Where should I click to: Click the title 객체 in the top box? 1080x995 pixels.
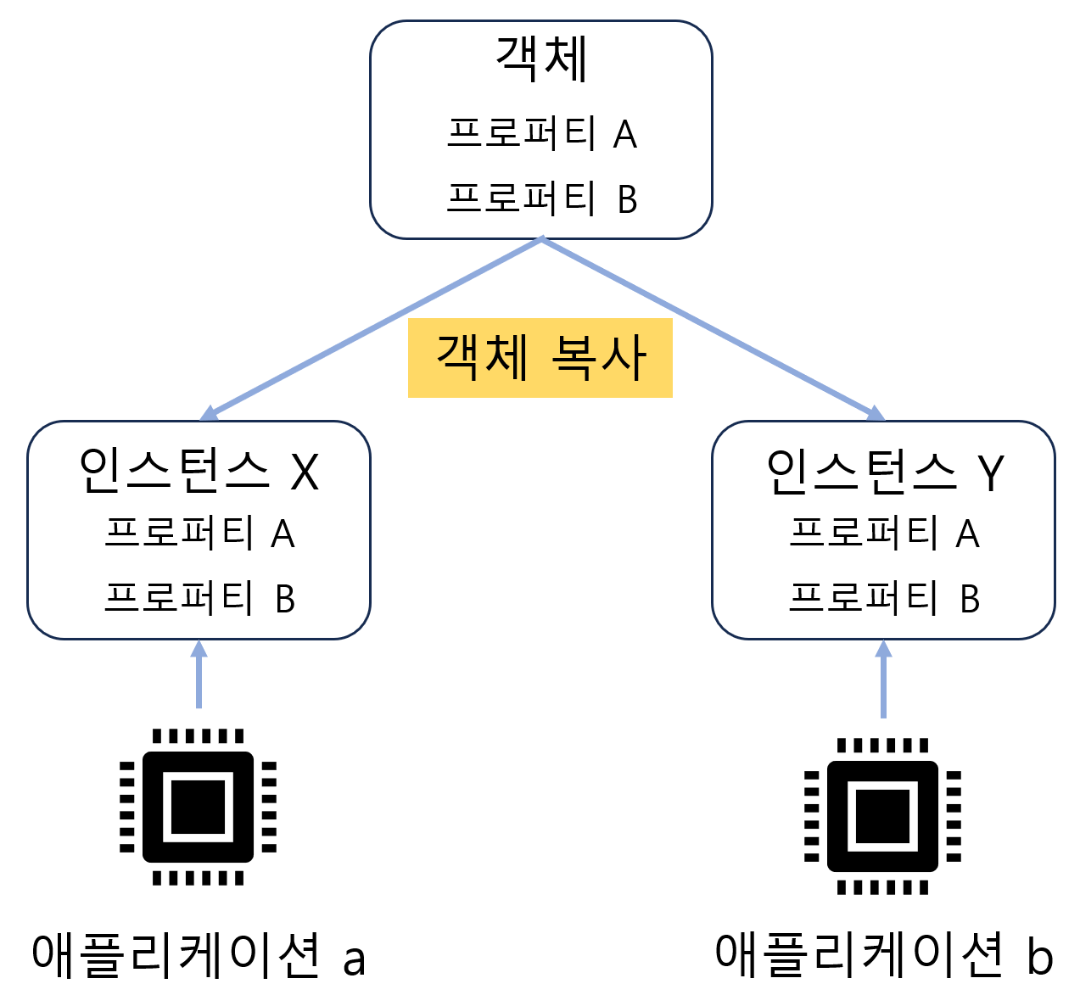541,59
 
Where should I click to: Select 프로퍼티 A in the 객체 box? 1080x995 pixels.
541,133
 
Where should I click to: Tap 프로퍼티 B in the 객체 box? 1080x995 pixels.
541,198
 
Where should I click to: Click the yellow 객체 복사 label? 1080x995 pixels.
540,358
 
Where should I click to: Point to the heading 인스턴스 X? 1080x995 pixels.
199,471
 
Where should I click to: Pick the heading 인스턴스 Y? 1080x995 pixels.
884,471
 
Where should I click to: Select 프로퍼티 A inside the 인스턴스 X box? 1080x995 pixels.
199,534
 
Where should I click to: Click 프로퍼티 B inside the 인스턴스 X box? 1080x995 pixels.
199,598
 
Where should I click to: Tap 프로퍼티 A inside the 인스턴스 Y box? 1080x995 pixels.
884,534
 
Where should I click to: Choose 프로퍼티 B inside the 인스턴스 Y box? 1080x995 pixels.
884,598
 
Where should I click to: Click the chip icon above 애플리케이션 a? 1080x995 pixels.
199,807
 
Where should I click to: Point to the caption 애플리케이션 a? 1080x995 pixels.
199,955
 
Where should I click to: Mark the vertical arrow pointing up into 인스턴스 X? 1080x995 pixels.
199,674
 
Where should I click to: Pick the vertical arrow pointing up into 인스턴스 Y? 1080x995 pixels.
884,679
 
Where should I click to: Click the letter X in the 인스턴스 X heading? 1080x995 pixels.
305,472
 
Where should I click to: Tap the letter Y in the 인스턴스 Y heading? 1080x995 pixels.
990,472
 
